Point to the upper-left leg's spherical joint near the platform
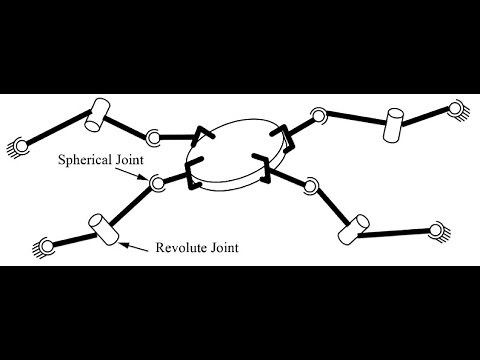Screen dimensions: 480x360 coord(153,136)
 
